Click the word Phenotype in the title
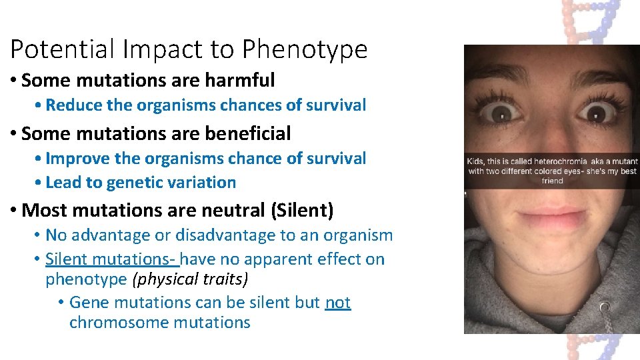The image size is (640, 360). (x=305, y=49)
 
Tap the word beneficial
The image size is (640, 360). (x=248, y=133)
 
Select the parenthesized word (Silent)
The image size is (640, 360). (x=302, y=211)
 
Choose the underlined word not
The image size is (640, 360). (x=337, y=303)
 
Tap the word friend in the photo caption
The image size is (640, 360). (x=552, y=181)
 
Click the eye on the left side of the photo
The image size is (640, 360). (x=506, y=110)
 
